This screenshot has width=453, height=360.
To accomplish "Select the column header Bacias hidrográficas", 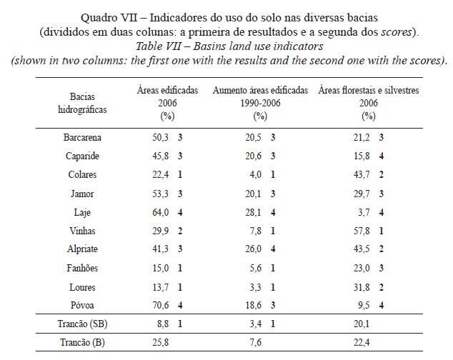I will click(83, 101).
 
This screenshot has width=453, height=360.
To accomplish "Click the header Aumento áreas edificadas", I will click(261, 91).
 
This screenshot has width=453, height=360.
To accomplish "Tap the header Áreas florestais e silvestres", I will click(368, 91).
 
